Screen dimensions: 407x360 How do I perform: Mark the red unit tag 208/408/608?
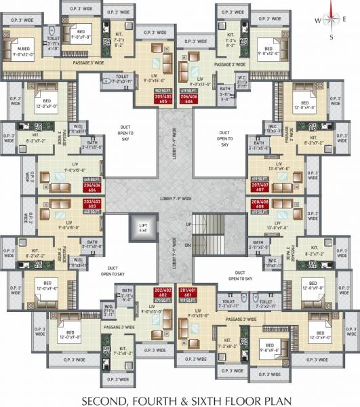click(x=259, y=203)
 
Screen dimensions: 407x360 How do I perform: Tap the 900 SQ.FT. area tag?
click(x=163, y=90)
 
